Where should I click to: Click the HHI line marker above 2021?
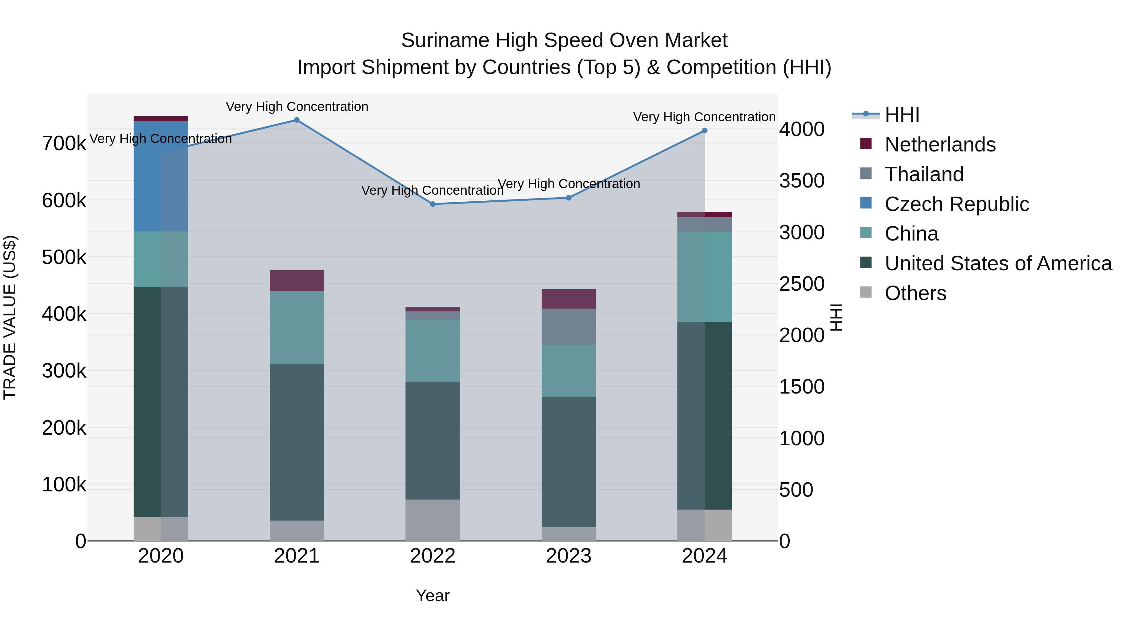[x=297, y=120]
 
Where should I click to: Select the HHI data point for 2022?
[x=432, y=204]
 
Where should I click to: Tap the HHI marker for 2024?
[x=704, y=130]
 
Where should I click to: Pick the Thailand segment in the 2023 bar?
[x=569, y=326]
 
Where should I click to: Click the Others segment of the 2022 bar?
[x=432, y=520]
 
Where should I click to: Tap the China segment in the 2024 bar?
[x=704, y=277]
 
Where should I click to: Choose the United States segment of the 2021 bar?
[x=297, y=442]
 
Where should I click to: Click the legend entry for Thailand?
[x=924, y=174]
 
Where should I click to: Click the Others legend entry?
[x=915, y=293]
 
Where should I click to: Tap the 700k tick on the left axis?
[x=64, y=144]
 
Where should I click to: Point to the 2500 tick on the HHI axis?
[x=802, y=284]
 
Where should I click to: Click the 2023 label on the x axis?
[x=569, y=556]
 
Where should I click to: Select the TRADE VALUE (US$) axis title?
[x=10, y=317]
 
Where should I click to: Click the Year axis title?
[x=432, y=595]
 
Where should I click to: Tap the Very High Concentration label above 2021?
[x=297, y=107]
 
